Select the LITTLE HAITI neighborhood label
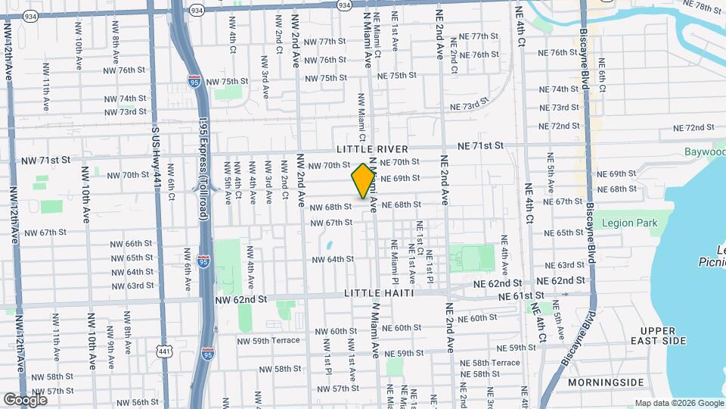coord(378,292)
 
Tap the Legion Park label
coord(630,223)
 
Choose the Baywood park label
coord(704,153)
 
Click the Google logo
coord(25,399)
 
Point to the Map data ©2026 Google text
coord(678,403)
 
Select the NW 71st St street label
coord(45,160)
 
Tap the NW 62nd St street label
coord(241,299)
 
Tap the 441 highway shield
coord(165,350)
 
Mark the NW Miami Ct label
coord(361,121)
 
